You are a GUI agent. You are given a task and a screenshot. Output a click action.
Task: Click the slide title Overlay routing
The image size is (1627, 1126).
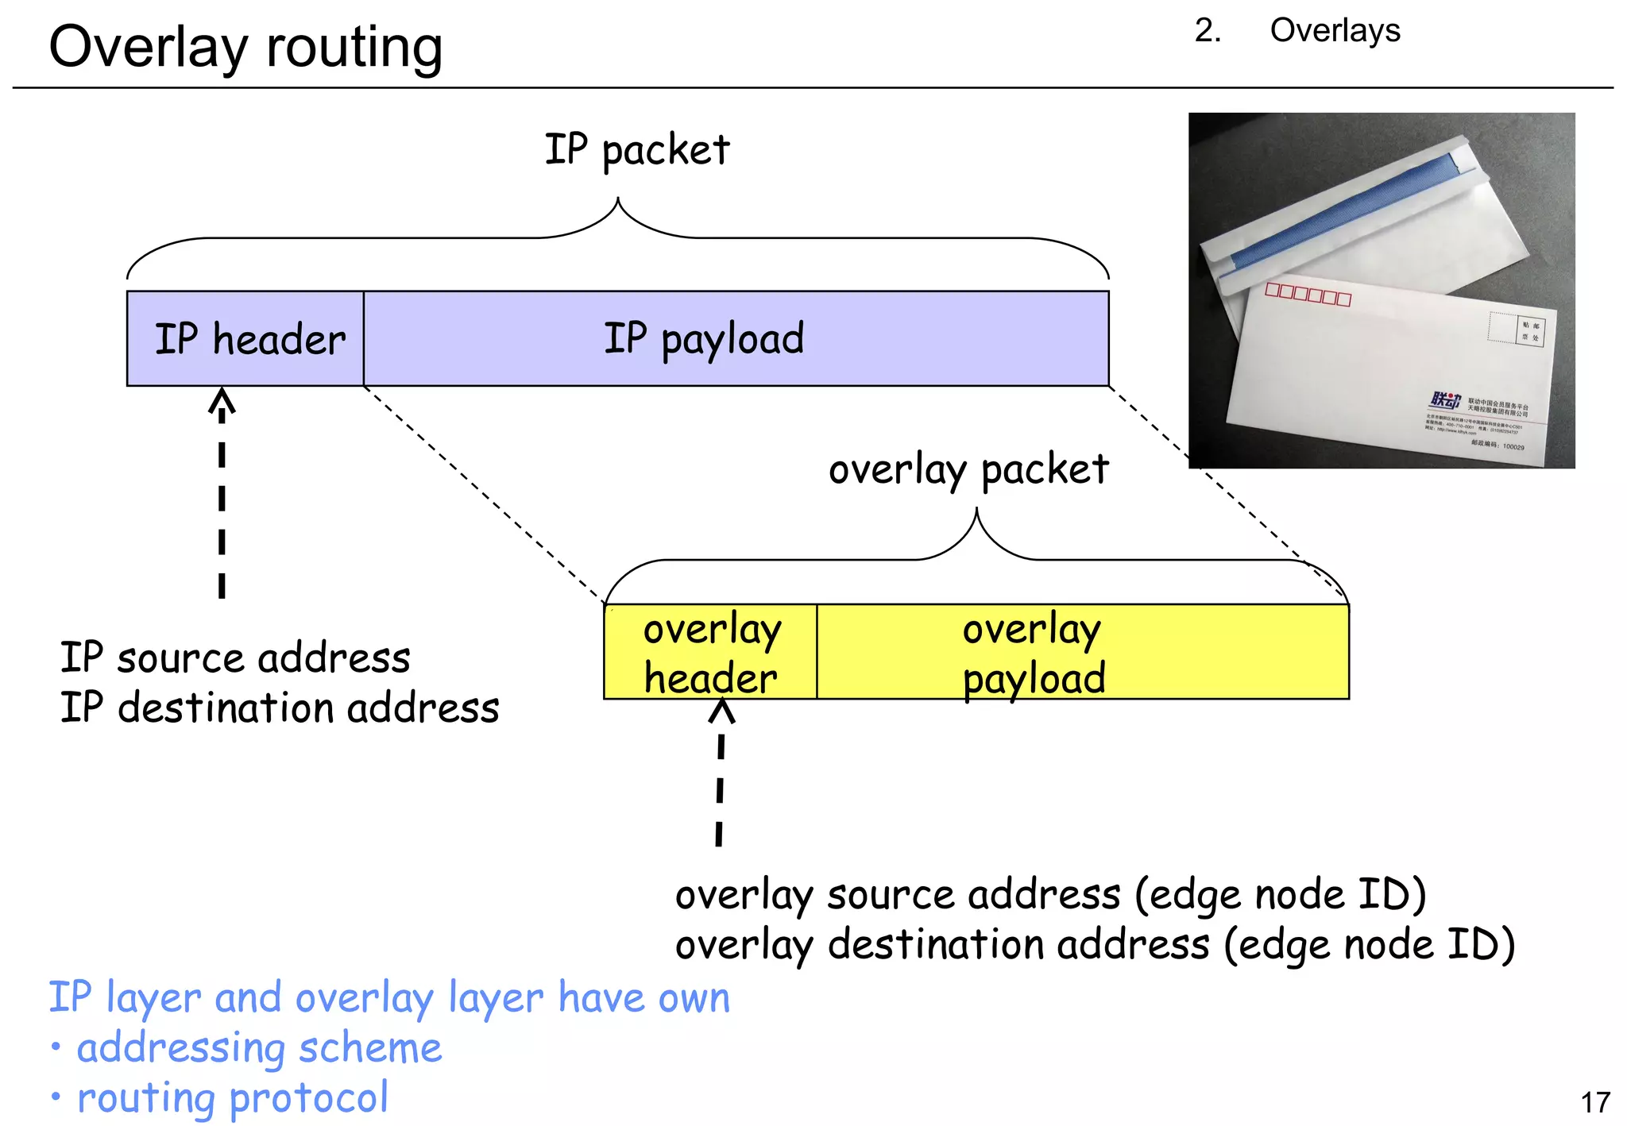[245, 48]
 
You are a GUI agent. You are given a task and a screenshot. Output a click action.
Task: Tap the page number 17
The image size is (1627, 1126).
[1594, 1102]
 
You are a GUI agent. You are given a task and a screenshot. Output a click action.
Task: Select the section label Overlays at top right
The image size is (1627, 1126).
[1334, 31]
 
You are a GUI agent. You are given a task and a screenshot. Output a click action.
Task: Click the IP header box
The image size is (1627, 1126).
[245, 339]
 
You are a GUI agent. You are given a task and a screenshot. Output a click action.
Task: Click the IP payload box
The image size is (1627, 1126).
[735, 339]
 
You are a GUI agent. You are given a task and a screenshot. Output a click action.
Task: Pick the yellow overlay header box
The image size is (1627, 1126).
[710, 653]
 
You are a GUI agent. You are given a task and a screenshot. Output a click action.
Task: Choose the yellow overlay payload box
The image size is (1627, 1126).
[1082, 653]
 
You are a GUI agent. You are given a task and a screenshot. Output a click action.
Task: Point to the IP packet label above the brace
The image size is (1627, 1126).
[636, 149]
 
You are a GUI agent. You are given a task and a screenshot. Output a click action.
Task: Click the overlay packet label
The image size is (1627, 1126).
[968, 469]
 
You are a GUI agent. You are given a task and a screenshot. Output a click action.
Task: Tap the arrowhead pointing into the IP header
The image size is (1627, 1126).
[222, 400]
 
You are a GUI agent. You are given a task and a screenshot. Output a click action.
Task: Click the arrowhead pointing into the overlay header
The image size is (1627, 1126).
[721, 711]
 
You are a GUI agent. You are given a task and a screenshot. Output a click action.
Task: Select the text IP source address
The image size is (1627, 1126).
[235, 658]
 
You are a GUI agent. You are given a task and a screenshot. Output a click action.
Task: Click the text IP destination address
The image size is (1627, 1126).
[280, 708]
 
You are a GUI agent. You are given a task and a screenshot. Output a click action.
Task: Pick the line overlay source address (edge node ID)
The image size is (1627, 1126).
[1050, 895]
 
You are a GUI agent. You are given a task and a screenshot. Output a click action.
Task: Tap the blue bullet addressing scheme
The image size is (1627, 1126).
[258, 1048]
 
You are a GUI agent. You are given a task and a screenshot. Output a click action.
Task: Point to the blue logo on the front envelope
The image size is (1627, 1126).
[1444, 400]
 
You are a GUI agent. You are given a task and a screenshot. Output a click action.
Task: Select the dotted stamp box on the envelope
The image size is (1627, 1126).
[1501, 327]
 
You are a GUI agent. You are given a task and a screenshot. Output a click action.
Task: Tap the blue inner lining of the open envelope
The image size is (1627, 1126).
[1343, 210]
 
